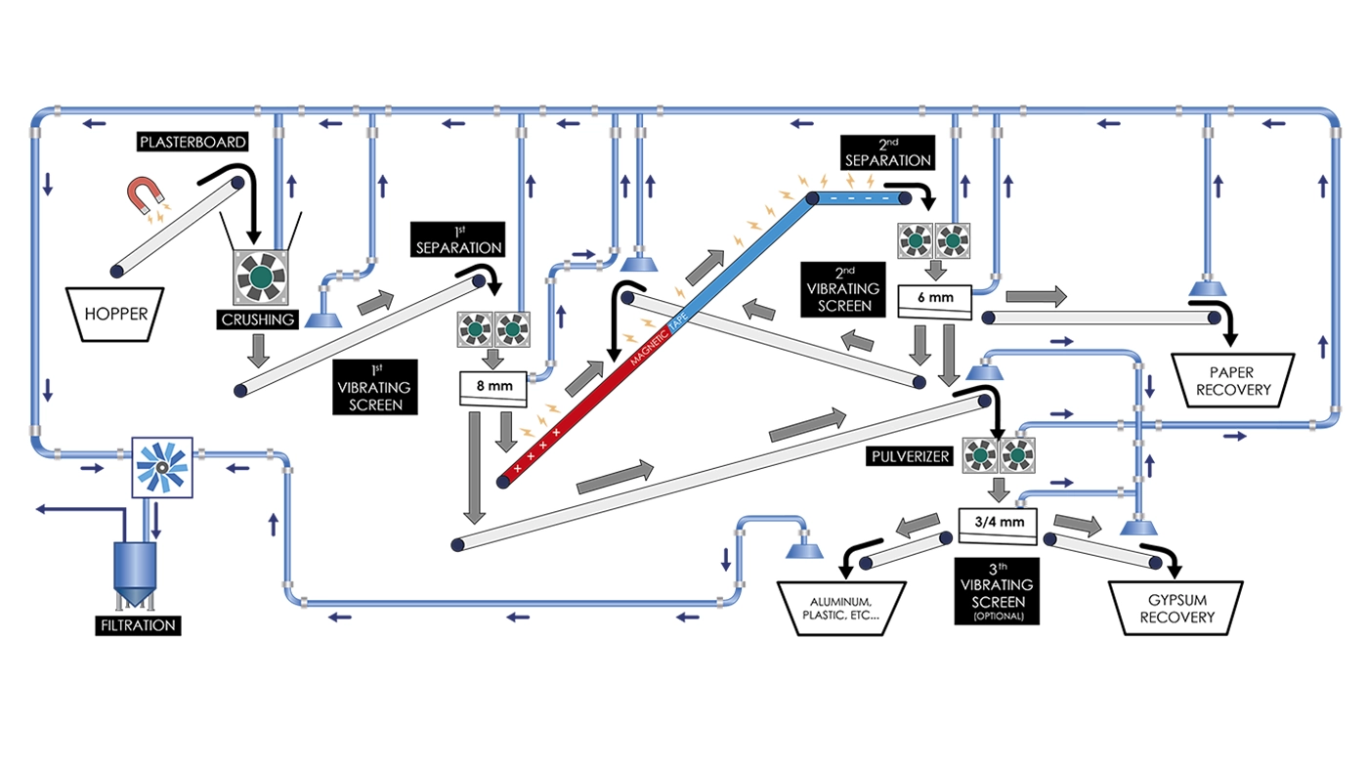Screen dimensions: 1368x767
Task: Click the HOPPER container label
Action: [115, 314]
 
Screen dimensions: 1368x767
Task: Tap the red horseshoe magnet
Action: [145, 194]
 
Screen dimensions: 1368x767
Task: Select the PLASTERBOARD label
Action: [193, 143]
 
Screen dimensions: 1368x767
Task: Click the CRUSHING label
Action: [258, 320]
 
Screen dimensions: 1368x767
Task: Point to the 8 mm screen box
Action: [493, 388]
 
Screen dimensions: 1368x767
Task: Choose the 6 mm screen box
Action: [935, 301]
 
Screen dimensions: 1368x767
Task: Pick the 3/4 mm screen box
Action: [999, 526]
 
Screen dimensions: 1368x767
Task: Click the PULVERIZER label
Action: [910, 456]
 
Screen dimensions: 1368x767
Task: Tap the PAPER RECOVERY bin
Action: [1232, 380]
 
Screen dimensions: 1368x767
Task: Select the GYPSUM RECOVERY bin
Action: [1176, 608]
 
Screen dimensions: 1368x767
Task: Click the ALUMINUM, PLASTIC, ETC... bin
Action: [841, 608]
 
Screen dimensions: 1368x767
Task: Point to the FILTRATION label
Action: [138, 625]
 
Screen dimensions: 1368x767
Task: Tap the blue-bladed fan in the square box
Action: [162, 468]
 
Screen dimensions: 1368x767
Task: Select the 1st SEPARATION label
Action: [458, 239]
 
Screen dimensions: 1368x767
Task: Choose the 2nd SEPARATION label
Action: [887, 152]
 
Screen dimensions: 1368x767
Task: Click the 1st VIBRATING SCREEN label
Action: [375, 387]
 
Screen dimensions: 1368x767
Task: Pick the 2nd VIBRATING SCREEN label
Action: [843, 289]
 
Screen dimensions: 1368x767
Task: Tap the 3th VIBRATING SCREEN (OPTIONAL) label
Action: [997, 591]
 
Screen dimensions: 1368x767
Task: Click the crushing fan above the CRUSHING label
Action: [261, 277]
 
